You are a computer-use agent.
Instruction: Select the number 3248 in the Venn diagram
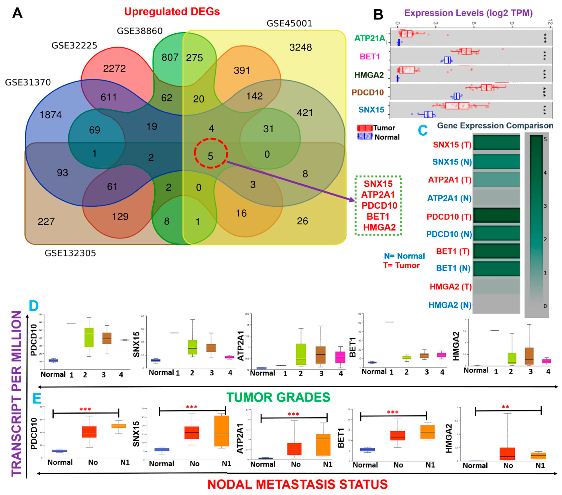coord(301,48)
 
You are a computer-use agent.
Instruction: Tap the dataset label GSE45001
coord(290,24)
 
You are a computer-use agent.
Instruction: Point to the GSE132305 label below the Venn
coord(70,253)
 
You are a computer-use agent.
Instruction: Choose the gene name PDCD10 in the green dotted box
coord(379,205)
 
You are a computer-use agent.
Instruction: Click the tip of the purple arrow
coord(355,200)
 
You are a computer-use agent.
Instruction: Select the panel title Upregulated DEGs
coord(172,12)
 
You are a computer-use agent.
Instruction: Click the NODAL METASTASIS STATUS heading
coord(298,484)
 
